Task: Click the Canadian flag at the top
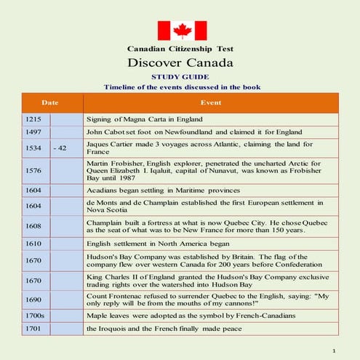click(x=179, y=30)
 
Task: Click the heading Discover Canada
click(x=180, y=63)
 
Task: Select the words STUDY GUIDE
click(x=180, y=76)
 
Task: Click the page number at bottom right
click(x=333, y=351)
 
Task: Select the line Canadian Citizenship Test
click(x=180, y=49)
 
